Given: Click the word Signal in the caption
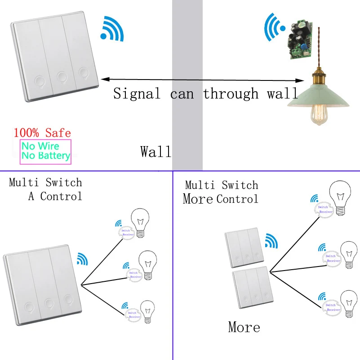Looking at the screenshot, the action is pos(136,93).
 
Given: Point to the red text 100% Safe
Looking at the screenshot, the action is pos(42,133).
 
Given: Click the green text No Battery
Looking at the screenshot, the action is pos(46,156).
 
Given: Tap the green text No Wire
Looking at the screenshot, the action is pos(40,146).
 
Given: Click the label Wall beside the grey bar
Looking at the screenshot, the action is pos(156,151).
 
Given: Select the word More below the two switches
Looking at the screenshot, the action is pos(244,327).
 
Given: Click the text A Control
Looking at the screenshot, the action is pos(55,196).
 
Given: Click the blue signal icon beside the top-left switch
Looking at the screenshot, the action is pos(112,29).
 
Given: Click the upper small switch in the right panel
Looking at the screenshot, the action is pos(244,249).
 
